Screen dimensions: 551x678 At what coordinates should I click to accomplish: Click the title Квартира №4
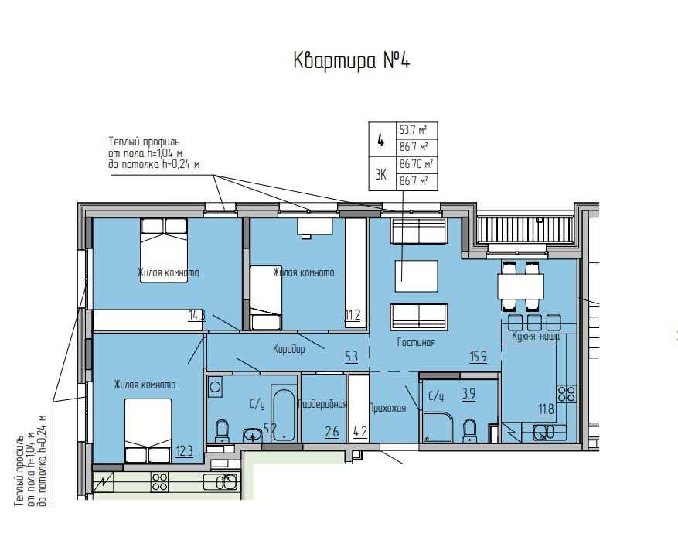(x=350, y=61)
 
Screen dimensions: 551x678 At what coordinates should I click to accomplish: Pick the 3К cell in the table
(x=380, y=173)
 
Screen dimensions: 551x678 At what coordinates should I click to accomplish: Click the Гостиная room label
(x=415, y=342)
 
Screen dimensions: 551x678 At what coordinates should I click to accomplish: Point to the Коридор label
(x=288, y=349)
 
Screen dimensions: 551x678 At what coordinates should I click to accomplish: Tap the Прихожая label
(x=388, y=409)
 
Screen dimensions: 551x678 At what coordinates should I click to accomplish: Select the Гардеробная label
(x=324, y=404)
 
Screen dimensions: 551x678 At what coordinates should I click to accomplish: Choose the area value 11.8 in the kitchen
(x=546, y=409)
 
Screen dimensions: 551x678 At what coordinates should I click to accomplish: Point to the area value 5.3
(x=351, y=357)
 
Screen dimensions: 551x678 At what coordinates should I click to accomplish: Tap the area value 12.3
(x=184, y=450)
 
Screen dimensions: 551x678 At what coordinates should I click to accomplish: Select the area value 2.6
(x=332, y=432)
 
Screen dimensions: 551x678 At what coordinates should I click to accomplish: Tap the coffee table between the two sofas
(x=416, y=275)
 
